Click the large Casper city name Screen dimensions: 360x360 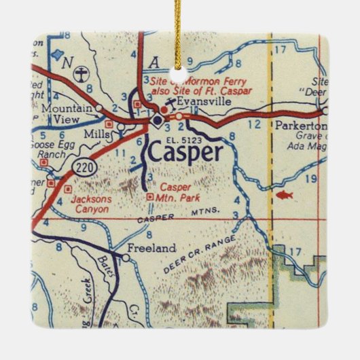click(184, 152)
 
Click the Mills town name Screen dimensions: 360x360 click(96, 135)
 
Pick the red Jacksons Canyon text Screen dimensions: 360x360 click(84, 204)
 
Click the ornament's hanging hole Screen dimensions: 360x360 click(180, 69)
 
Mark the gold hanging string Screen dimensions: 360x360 click(180, 27)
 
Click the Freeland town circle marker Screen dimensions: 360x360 click(125, 257)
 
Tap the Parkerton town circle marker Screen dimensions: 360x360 click(325, 110)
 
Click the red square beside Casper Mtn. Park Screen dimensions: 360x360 click(150, 196)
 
